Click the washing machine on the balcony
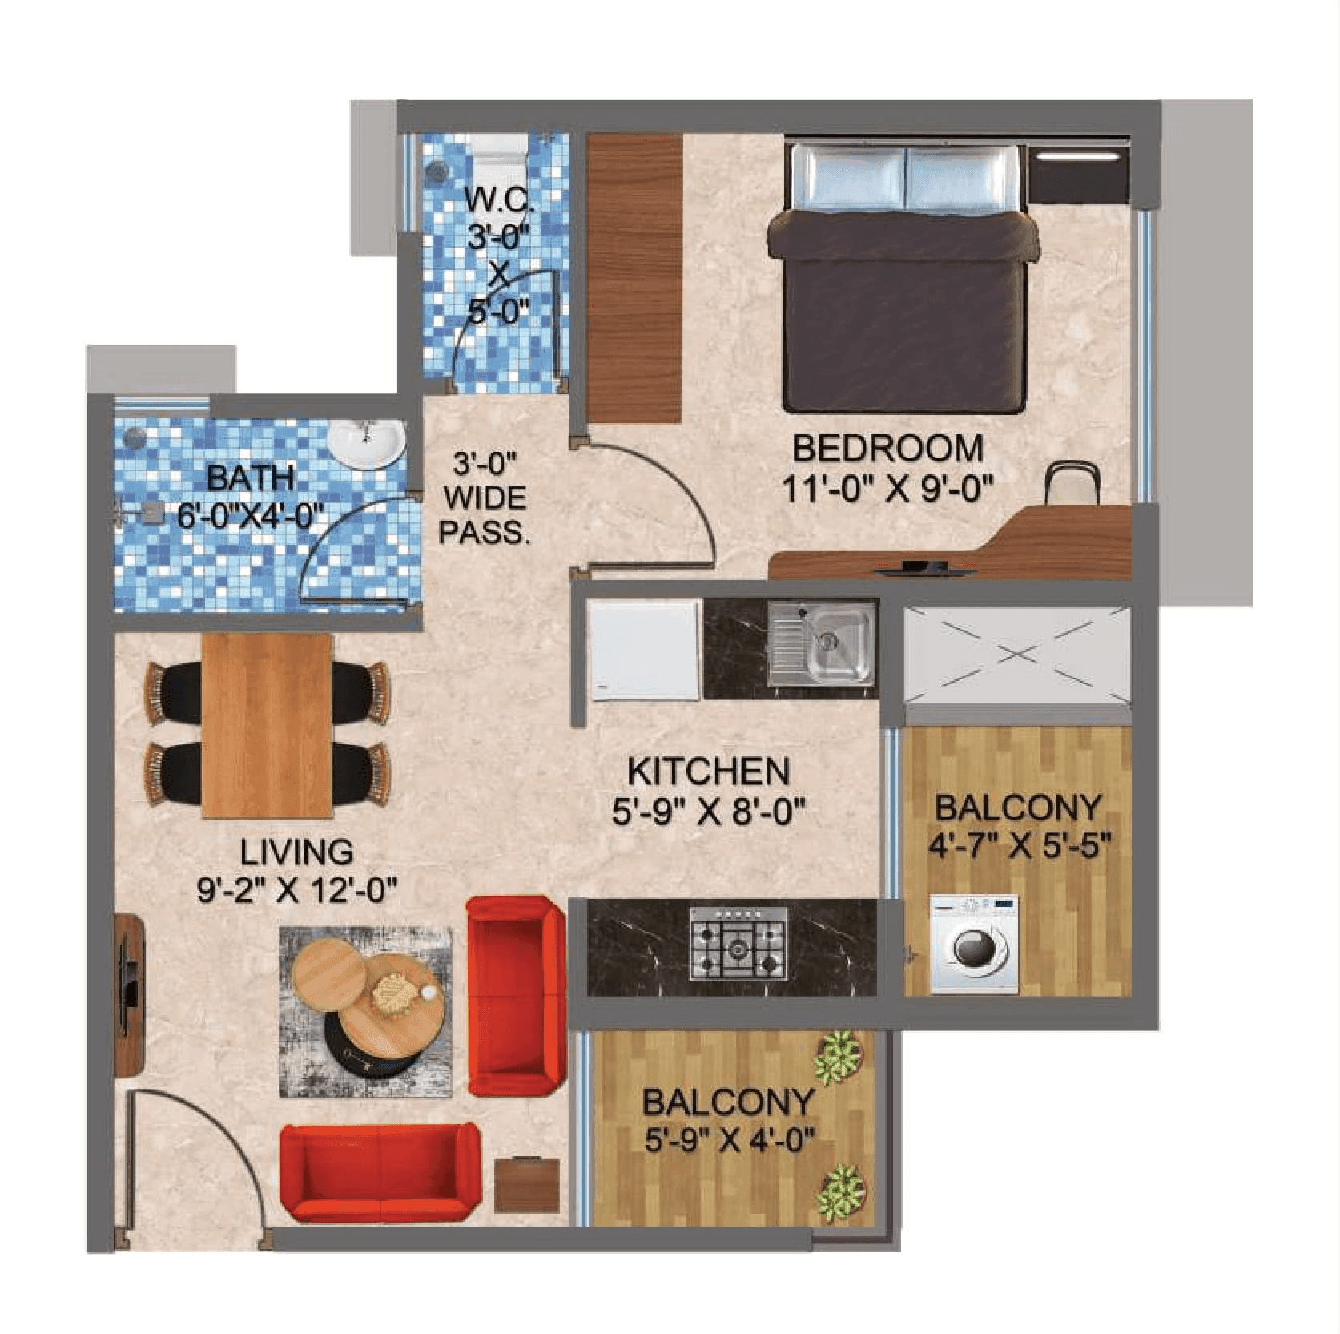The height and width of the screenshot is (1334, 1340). click(974, 944)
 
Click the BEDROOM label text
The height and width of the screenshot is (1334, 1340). click(887, 449)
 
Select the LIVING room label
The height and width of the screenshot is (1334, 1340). click(296, 852)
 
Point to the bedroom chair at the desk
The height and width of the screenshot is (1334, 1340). click(1072, 485)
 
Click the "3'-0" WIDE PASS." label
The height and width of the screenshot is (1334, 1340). click(485, 498)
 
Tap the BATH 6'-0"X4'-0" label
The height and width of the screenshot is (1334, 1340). click(251, 497)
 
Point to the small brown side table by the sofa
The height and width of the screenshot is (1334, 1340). click(525, 1183)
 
